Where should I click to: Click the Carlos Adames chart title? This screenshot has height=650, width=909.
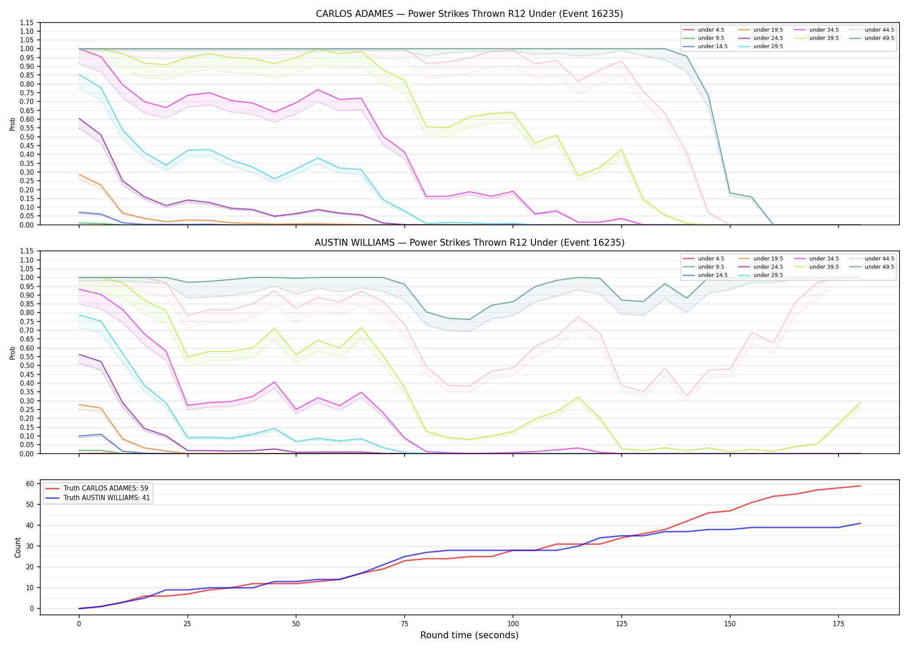[x=469, y=14]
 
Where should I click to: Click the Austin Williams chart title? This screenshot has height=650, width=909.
[x=469, y=243]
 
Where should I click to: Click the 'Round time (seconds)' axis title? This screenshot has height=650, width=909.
[x=469, y=635]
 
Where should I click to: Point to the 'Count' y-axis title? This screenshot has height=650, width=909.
[x=18, y=547]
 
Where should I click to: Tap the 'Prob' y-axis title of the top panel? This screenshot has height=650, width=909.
[x=13, y=124]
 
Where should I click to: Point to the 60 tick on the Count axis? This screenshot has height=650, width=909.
[x=30, y=484]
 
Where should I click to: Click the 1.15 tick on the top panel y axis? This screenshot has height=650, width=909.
[x=26, y=23]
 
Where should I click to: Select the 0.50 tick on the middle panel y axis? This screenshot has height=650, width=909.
[x=26, y=365]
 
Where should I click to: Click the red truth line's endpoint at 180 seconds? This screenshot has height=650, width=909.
[x=860, y=486]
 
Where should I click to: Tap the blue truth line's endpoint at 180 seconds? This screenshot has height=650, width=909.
[x=860, y=523]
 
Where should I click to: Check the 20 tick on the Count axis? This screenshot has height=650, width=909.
[x=30, y=567]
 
